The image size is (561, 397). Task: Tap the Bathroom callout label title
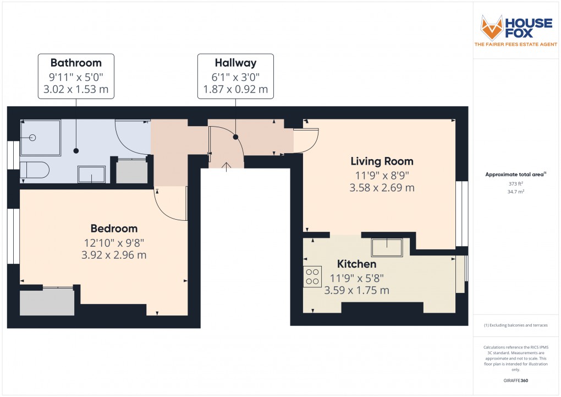[x=76, y=62]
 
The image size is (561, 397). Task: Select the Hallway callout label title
[x=235, y=62]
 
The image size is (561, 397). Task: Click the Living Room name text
[x=382, y=161]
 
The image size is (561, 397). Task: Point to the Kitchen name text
[x=356, y=264]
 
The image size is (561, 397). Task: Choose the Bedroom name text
[x=114, y=228]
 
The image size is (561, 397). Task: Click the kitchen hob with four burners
[x=312, y=276]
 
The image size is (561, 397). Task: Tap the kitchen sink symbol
[x=387, y=247]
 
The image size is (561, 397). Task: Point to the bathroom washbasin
[x=92, y=174]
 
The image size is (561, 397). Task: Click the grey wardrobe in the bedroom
[x=47, y=302]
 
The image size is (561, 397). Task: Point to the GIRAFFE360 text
[x=516, y=380]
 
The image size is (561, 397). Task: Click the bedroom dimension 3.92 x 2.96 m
[x=114, y=255]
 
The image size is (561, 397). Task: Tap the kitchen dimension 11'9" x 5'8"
[x=356, y=278]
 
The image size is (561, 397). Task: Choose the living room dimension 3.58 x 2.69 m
[x=382, y=188]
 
